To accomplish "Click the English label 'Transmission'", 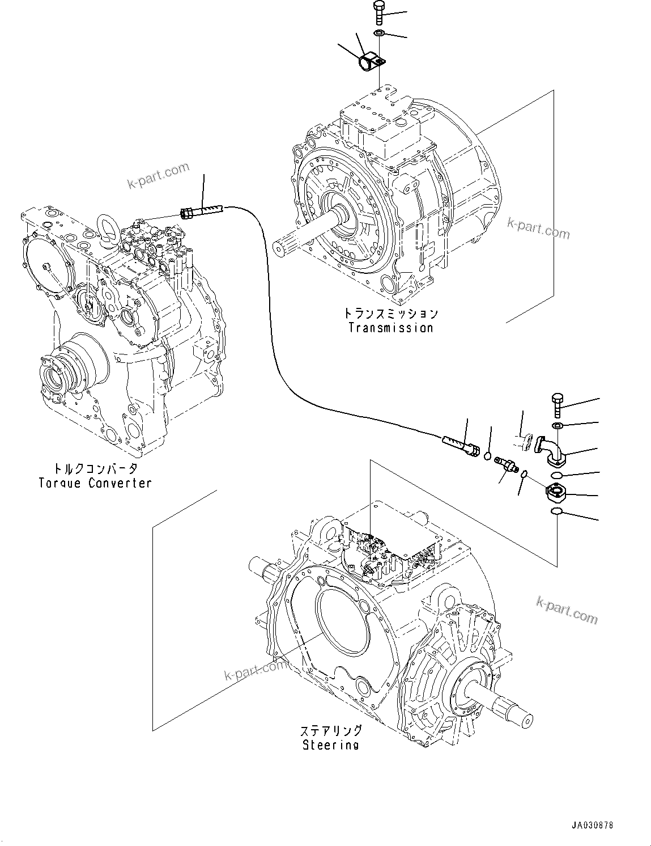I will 390,328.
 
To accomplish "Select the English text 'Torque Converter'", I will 95,483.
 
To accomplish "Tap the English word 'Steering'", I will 330,745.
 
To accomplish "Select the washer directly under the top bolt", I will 379,35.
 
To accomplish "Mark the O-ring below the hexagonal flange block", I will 557,513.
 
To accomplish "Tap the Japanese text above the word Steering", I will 330,730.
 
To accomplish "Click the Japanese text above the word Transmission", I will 390,314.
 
